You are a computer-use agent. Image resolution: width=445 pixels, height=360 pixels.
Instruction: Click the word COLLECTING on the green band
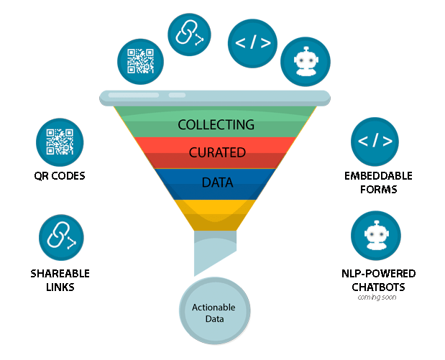coord(216,124)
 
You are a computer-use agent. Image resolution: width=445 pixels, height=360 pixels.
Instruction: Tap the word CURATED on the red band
coord(217,152)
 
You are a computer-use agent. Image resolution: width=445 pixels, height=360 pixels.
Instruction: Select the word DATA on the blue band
coord(217,183)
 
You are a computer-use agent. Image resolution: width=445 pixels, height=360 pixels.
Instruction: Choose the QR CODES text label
coord(60,175)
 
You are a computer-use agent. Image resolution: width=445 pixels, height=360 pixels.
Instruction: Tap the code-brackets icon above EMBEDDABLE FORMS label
coord(375,142)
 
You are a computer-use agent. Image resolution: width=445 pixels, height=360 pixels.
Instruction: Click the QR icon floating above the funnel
coord(140,60)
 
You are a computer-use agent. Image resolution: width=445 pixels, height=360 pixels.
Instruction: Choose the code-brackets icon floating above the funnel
coord(252,43)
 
